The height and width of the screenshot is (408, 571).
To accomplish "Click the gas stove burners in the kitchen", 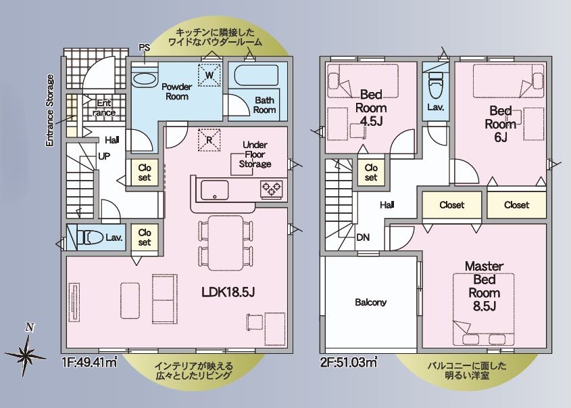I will pos(272,189).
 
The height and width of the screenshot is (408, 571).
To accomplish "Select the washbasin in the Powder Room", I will pos(143,78).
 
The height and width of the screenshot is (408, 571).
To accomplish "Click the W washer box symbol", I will pos(209,73).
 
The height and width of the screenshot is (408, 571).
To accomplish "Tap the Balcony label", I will pos(370,302).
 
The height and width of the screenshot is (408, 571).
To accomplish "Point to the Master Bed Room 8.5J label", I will pos(483,286).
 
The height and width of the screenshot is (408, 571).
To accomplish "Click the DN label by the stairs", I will pos(364,238).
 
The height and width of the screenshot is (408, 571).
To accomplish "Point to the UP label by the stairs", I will pos(105,156).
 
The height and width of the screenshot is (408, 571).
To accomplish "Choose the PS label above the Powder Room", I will pos(144,47).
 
